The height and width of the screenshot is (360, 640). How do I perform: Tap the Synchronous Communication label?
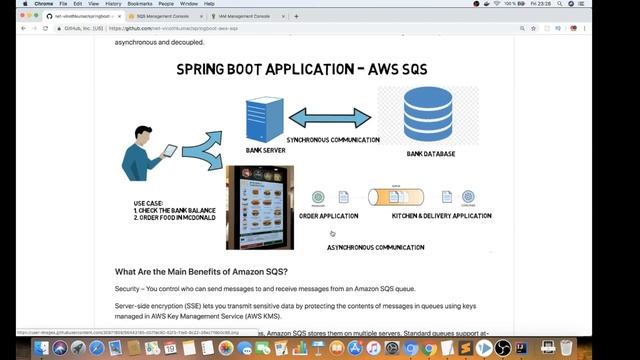332,140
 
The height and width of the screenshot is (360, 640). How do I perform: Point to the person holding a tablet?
150,160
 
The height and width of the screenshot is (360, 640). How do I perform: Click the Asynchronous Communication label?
375,247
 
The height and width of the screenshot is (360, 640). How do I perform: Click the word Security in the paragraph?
131,288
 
